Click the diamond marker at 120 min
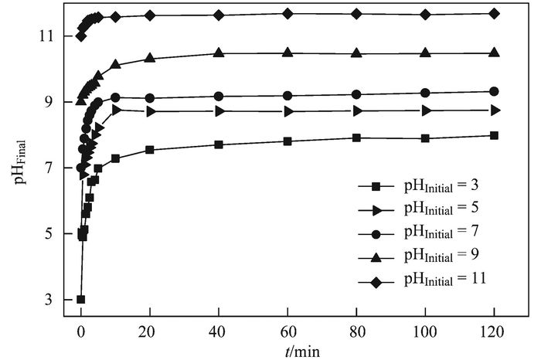pos(494,13)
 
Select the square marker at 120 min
pos(494,135)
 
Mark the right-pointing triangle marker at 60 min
pos(288,111)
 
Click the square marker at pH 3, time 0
pos(80,299)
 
